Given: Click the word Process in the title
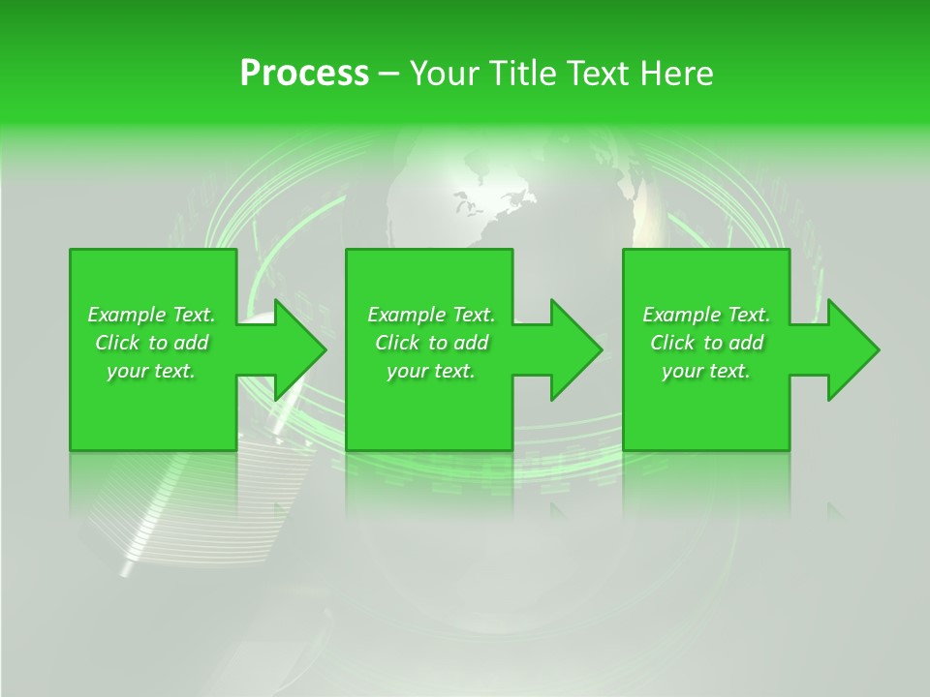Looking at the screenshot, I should click(304, 74).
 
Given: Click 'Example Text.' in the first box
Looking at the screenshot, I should click(151, 315).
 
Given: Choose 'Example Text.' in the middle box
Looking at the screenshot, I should click(431, 315).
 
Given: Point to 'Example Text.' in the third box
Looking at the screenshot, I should click(706, 315).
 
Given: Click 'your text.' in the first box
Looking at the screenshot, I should click(151, 371).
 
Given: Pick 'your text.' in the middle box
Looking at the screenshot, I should click(431, 371).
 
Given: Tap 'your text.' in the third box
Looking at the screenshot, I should click(706, 371).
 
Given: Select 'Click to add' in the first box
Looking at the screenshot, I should click(151, 343).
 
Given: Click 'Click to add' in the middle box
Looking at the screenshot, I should click(431, 343).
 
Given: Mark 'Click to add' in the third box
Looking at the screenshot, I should click(706, 343).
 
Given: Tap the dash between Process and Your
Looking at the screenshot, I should click(388, 75).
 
